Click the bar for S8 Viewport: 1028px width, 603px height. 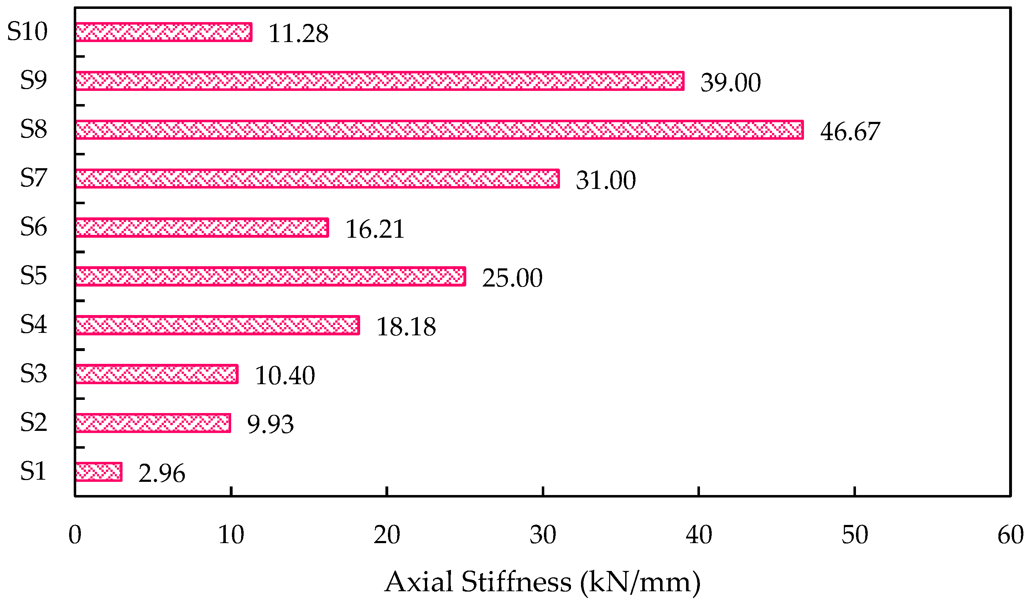click(x=439, y=130)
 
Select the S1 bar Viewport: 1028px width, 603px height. click(x=99, y=472)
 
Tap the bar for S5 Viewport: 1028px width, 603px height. click(x=270, y=277)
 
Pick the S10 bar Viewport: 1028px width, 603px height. click(x=163, y=32)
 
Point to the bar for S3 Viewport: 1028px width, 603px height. click(x=157, y=374)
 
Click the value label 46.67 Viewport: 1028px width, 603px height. click(x=850, y=132)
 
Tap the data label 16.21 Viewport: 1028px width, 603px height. click(x=375, y=229)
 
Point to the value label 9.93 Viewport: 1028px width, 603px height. click(x=270, y=424)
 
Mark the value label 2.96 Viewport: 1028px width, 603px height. click(x=162, y=474)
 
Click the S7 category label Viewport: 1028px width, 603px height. click(x=34, y=178)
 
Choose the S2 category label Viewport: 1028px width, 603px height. click(x=34, y=422)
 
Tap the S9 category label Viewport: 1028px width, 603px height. click(x=34, y=80)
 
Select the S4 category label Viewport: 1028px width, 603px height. click(x=34, y=325)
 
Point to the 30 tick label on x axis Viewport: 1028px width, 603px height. click(x=542, y=535)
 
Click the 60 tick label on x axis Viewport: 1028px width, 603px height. click(x=1011, y=535)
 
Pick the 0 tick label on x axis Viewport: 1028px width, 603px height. click(x=75, y=535)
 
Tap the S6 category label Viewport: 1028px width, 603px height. click(x=34, y=227)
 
